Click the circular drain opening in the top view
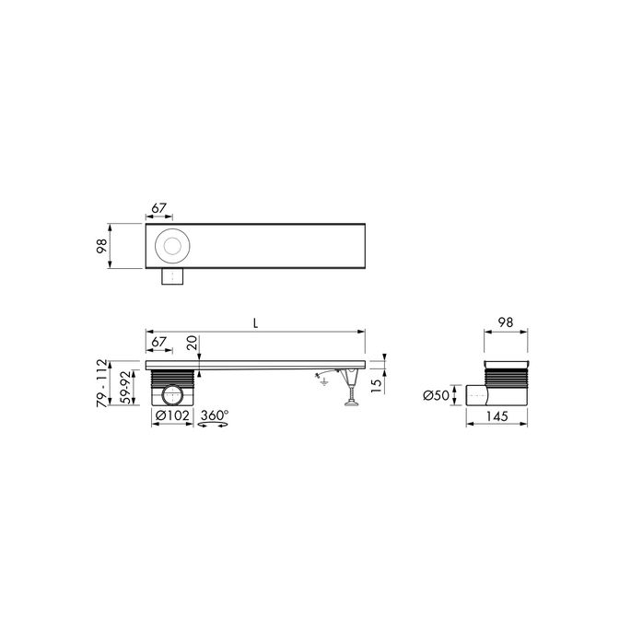pyautogui.click(x=171, y=246)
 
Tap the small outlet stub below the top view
pyautogui.click(x=171, y=277)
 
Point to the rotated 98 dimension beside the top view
pyautogui.click(x=102, y=247)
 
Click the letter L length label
pyautogui.click(x=254, y=323)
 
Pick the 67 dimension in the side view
pyautogui.click(x=159, y=342)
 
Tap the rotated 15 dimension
pyautogui.click(x=375, y=384)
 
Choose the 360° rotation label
pyautogui.click(x=215, y=415)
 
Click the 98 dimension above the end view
pyautogui.click(x=505, y=324)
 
